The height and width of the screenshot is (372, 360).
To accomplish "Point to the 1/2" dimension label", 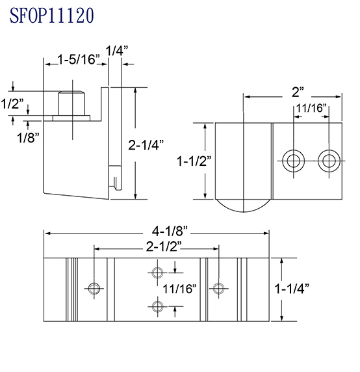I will (12, 104).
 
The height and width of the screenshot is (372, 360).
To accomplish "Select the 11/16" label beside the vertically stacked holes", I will (180, 289).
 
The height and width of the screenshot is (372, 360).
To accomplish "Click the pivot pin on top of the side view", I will (72, 103).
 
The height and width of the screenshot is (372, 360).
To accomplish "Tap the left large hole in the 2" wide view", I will (292, 160).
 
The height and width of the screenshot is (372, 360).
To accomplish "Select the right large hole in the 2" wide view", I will (328, 160).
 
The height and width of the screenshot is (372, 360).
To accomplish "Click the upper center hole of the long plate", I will (156, 273).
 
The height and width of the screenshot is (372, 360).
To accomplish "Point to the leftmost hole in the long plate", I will (95, 288).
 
